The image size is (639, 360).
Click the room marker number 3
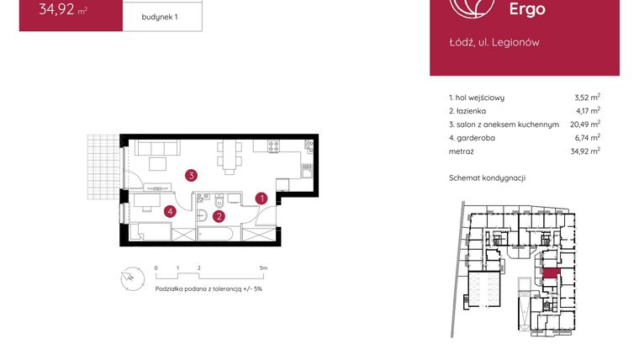coord(192,176)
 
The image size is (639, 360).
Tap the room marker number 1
coord(261,199)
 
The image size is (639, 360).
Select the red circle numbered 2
coord(219,215)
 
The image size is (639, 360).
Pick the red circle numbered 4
coord(170,211)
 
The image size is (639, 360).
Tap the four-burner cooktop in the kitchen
coord(273,147)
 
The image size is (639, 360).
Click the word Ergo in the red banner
coord(527,9)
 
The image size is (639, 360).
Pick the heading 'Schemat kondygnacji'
coord(487,178)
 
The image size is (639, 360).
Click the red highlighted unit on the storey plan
coord(551,273)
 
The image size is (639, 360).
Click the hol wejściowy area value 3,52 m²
coord(586,97)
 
